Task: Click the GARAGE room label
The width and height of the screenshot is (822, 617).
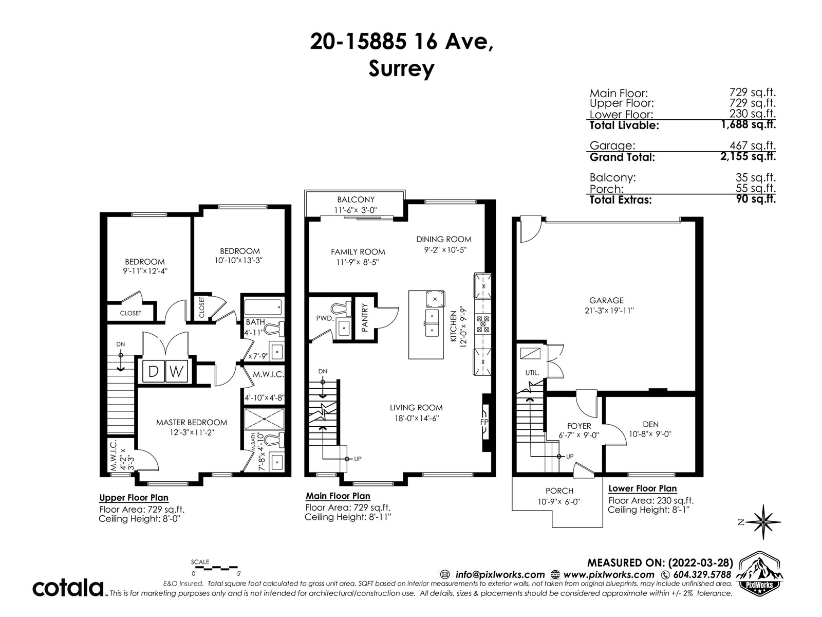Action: pos(606,300)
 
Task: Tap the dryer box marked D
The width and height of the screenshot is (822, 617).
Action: pos(153,371)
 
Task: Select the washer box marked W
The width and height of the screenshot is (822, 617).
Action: pos(176,371)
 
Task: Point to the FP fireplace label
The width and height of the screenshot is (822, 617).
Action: pos(484,422)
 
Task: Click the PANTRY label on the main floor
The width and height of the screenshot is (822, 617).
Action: pos(365,318)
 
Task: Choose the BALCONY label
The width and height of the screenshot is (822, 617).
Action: pos(356,199)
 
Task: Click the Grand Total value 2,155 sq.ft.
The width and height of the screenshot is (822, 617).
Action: pos(748,156)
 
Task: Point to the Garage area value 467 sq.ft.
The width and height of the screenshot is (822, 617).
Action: pos(752,145)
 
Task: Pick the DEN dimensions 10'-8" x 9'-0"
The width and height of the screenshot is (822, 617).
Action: pos(650,434)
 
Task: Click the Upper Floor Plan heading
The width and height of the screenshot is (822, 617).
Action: pos(134,498)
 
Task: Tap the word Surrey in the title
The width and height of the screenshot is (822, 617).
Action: pos(401,70)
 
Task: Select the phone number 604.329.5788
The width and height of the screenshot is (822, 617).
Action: pos(702,575)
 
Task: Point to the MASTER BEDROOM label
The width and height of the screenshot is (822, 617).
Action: pos(191,423)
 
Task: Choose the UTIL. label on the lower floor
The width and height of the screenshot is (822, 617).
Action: pos(532,373)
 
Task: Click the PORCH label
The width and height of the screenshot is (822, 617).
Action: pos(559,491)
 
